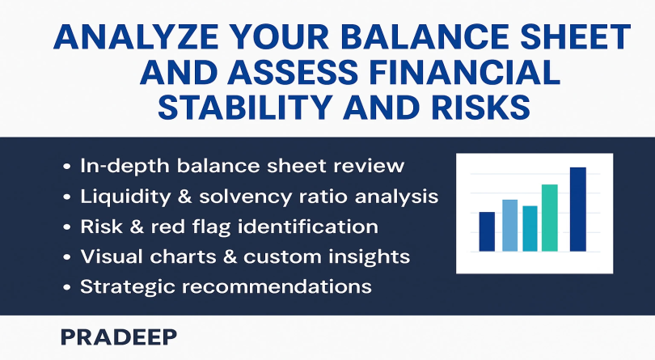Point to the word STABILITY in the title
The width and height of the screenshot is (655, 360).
coord(245,107)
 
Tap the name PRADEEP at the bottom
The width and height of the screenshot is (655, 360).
coord(119,337)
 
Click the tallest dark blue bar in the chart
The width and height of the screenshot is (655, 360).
coord(577,209)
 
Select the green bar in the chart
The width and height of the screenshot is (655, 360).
coord(549,218)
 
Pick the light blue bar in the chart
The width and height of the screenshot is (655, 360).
coord(509,226)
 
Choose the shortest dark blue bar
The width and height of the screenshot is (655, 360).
coord(487,231)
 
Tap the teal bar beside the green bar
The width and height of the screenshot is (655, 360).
coord(530,229)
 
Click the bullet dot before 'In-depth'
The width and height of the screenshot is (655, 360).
coord(66,167)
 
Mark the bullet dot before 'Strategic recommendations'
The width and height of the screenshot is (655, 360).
coord(66,288)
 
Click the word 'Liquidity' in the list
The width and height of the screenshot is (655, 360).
coord(125,197)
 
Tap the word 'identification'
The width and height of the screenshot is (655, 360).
coord(308,227)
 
